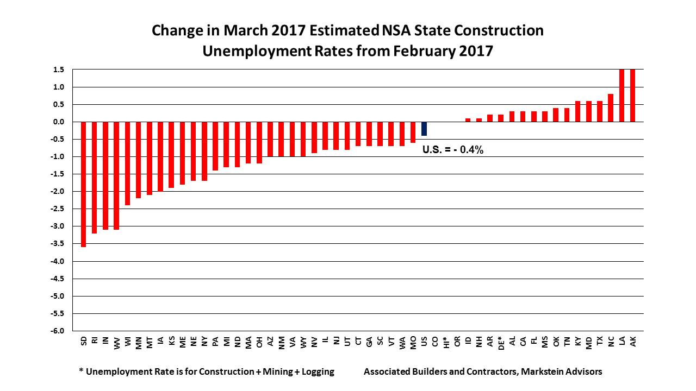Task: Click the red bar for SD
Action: click(84, 184)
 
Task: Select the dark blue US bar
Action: click(424, 129)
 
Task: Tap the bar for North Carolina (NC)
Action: click(611, 108)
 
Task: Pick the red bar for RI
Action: click(95, 177)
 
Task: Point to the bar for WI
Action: click(128, 163)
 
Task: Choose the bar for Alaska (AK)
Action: click(632, 96)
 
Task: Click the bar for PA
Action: click(215, 146)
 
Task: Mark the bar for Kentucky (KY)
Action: click(577, 111)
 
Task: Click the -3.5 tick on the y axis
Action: click(58, 244)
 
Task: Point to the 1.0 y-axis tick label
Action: click(59, 87)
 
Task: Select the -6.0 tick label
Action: click(58, 331)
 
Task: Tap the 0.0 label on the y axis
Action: click(59, 122)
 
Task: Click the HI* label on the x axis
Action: click(446, 343)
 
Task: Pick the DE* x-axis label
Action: click(501, 343)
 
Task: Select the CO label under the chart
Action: click(435, 342)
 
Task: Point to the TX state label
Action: click(600, 342)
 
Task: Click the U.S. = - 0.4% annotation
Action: click(453, 150)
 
